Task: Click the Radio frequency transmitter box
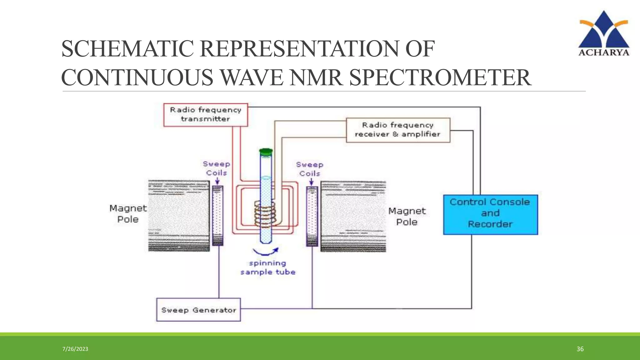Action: click(x=206, y=115)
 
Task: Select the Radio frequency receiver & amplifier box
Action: click(x=398, y=130)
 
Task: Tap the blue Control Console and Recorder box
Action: click(x=490, y=214)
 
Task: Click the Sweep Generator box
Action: click(x=198, y=310)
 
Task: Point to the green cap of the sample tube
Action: click(x=266, y=152)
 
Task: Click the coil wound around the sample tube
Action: click(x=265, y=214)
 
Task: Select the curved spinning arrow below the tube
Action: click(x=266, y=252)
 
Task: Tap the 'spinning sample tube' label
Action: click(x=268, y=267)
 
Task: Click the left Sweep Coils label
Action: click(x=216, y=168)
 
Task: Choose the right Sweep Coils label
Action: click(x=310, y=169)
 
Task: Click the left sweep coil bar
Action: click(x=218, y=216)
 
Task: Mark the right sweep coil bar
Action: click(x=312, y=216)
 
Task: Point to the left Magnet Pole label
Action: click(x=128, y=214)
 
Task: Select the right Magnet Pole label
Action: click(x=407, y=216)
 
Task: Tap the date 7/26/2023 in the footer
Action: click(x=75, y=349)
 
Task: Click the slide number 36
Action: click(x=580, y=349)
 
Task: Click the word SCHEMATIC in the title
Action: click(x=127, y=49)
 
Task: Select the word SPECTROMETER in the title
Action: click(x=440, y=77)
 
